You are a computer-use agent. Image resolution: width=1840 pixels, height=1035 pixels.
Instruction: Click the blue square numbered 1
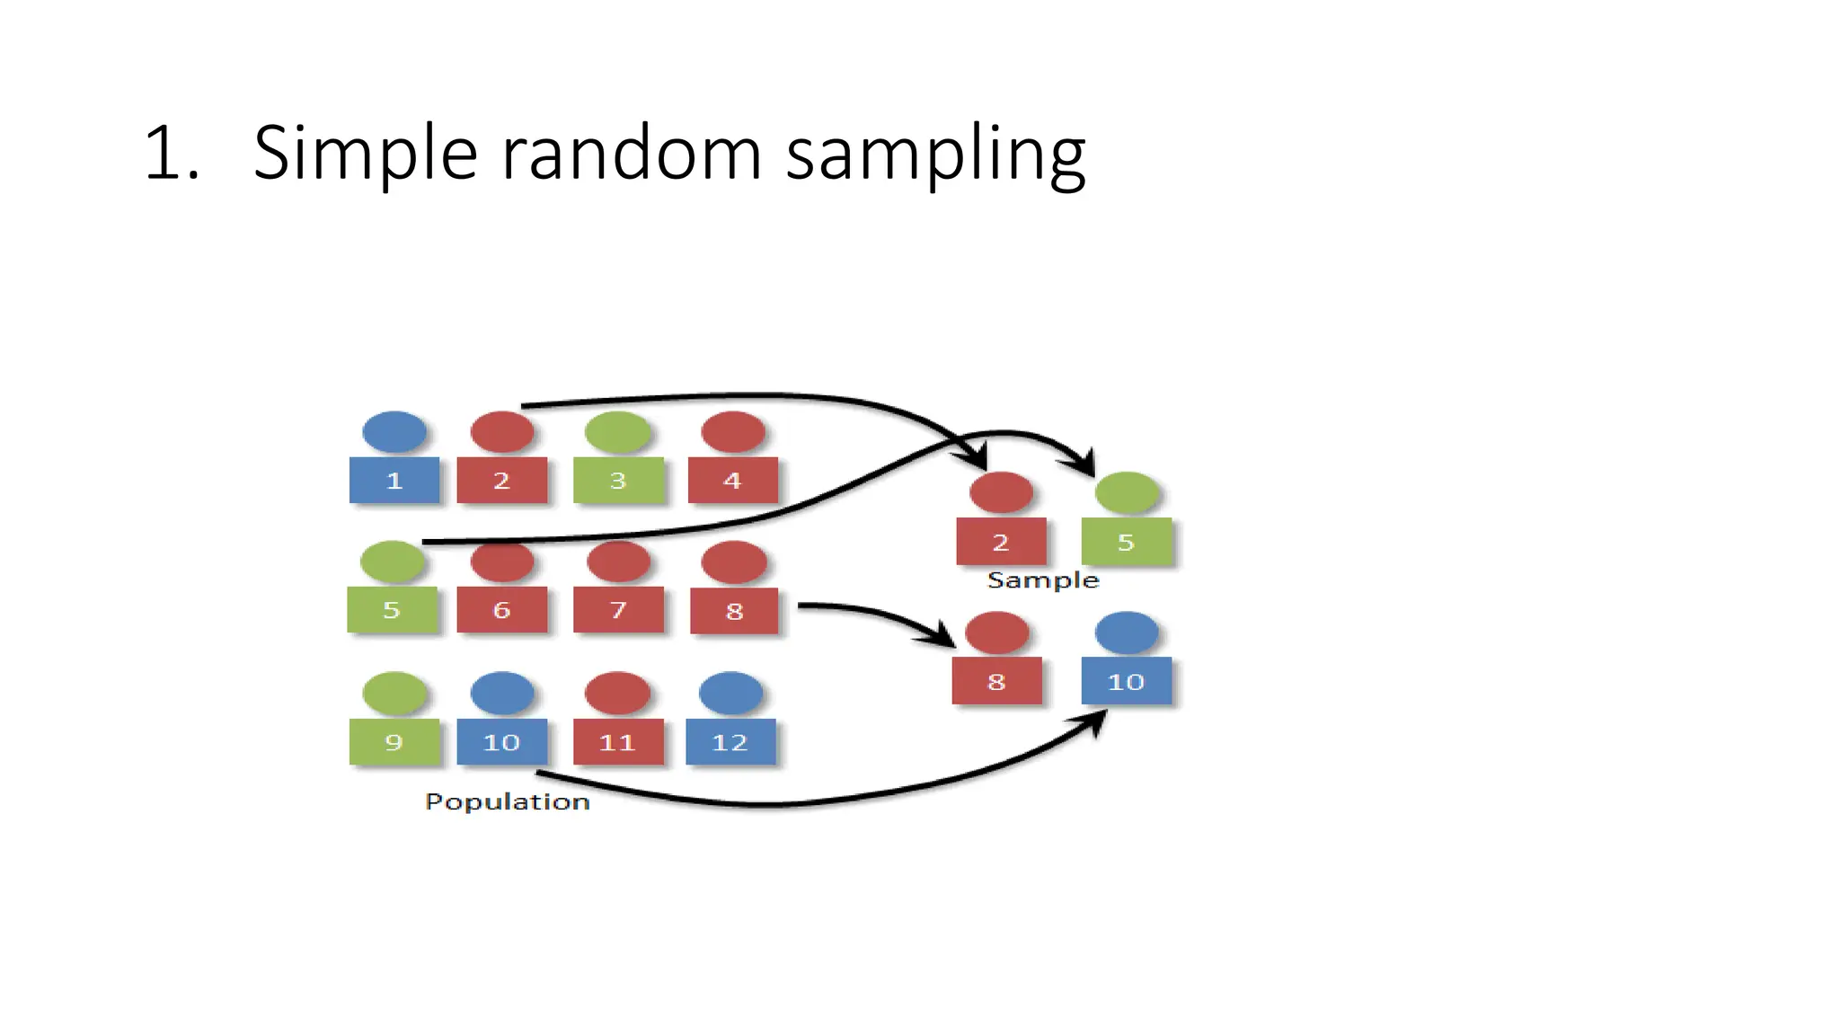click(394, 480)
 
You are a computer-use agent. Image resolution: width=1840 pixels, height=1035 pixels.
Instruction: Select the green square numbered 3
click(618, 480)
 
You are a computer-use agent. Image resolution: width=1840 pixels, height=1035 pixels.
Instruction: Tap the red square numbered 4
click(732, 480)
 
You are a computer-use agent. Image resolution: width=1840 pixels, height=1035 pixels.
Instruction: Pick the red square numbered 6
click(501, 610)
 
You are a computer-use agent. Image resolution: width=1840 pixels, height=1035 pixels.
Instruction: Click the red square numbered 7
click(618, 610)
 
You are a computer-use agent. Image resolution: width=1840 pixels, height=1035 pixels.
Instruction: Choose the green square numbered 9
click(394, 742)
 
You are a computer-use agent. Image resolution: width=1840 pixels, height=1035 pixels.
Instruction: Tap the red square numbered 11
click(617, 742)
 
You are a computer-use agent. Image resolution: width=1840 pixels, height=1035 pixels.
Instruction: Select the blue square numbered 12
click(730, 742)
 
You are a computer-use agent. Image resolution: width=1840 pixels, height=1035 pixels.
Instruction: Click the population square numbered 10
click(501, 742)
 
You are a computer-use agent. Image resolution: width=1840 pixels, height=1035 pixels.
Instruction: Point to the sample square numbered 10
click(1126, 681)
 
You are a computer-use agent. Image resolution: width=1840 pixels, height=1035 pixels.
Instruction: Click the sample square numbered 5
click(1127, 542)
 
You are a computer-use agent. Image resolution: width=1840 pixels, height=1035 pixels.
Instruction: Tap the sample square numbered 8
click(996, 681)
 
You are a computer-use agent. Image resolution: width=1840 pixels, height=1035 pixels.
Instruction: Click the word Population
click(508, 801)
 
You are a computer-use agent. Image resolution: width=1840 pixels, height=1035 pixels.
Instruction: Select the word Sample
click(1043, 580)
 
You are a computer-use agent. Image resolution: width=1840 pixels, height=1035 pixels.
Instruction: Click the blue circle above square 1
click(394, 432)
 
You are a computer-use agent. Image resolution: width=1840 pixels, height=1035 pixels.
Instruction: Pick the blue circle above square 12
click(730, 693)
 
